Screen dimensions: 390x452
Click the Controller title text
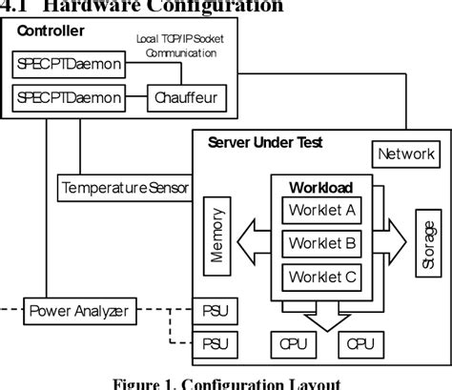click(49, 31)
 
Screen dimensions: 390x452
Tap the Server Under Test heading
click(264, 143)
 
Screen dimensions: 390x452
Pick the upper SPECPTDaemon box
click(67, 65)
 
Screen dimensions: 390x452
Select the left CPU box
click(289, 342)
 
